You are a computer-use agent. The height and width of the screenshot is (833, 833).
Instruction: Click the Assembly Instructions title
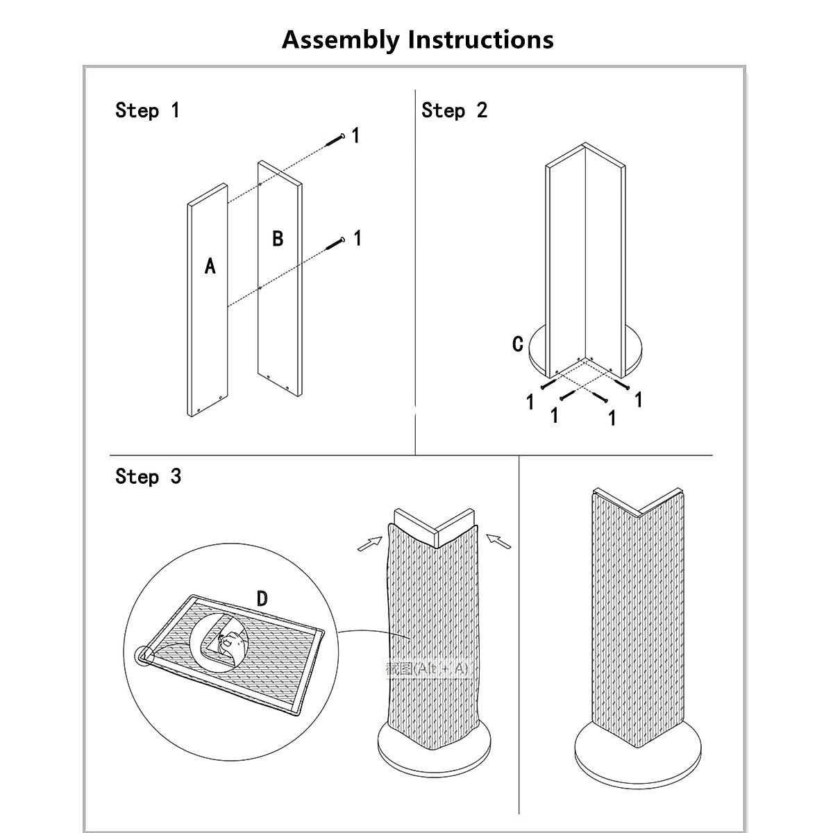[x=417, y=40]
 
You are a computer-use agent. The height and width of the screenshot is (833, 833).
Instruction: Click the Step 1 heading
[x=147, y=110]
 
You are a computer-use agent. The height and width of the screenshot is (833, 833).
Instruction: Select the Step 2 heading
[x=454, y=110]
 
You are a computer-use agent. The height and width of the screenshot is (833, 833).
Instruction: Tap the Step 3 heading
[x=148, y=477]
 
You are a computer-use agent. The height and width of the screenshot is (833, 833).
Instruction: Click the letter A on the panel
[x=210, y=266]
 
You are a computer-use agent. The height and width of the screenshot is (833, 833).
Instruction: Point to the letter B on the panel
[x=278, y=239]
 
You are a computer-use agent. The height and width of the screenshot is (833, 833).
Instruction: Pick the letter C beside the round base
[x=518, y=344]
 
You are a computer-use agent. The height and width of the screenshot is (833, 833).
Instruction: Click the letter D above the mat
[x=262, y=598]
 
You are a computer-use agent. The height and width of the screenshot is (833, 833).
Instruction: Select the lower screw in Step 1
[x=336, y=243]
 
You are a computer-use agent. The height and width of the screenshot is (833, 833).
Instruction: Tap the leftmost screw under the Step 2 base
[x=548, y=383]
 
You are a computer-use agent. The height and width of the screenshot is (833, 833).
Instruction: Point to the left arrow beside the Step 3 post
[x=371, y=544]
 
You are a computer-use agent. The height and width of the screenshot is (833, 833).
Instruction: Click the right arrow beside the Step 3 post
[x=499, y=540]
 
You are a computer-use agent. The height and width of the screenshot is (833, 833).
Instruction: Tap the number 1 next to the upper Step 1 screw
[x=355, y=135]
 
